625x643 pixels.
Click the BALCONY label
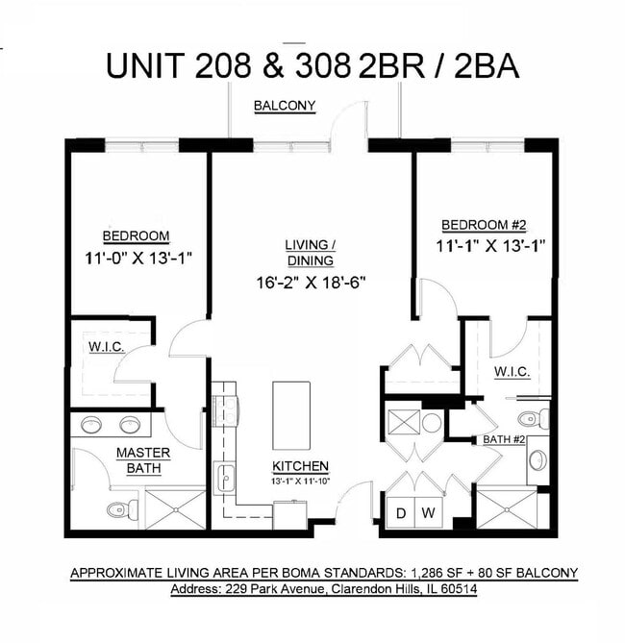pos(285,106)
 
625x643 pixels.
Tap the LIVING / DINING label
pos(309,253)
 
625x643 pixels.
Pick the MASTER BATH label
pos(142,460)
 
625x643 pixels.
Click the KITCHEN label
pos(300,465)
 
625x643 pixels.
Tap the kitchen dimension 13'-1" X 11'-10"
pos(300,480)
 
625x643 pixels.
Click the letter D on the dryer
pos(401,513)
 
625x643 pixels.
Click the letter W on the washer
pos(429,513)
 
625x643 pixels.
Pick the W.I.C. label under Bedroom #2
pos(512,371)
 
